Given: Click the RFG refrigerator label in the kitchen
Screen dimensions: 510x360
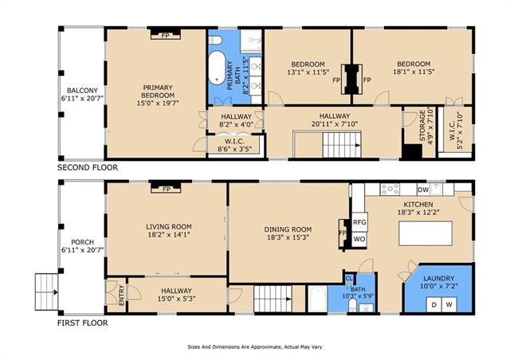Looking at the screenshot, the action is coord(359,222).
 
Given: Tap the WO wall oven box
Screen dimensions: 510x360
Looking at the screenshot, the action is coord(359,240).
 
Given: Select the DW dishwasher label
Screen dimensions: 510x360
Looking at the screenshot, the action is coord(423,190).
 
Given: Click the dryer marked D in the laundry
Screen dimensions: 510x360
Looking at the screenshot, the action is coord(433,305).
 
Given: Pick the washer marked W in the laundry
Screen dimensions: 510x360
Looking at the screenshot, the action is coord(449,305).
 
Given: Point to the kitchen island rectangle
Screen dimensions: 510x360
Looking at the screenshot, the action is coord(426,233).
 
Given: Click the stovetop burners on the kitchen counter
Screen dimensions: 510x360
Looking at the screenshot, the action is coord(390,190).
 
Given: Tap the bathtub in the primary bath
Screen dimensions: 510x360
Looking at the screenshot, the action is coord(217,68).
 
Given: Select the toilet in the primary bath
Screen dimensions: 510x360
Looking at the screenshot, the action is coord(215,40).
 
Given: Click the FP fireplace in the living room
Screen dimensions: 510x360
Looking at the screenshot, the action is coord(166,188).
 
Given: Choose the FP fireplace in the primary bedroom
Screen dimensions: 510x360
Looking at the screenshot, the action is coord(166,34).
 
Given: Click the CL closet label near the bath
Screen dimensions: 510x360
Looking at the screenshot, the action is coord(349,279).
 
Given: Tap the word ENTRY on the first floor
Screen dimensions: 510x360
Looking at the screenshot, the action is coord(122,295).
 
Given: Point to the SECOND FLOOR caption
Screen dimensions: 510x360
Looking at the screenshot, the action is coord(88,167).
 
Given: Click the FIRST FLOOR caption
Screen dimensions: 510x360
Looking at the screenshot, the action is coord(83,323).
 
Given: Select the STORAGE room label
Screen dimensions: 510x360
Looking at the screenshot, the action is coord(422,126).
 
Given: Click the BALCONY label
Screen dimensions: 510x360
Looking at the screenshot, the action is coord(82,91).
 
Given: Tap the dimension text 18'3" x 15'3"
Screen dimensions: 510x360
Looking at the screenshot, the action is coord(288,237).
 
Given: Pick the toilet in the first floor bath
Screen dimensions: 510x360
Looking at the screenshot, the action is coord(352,305).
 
